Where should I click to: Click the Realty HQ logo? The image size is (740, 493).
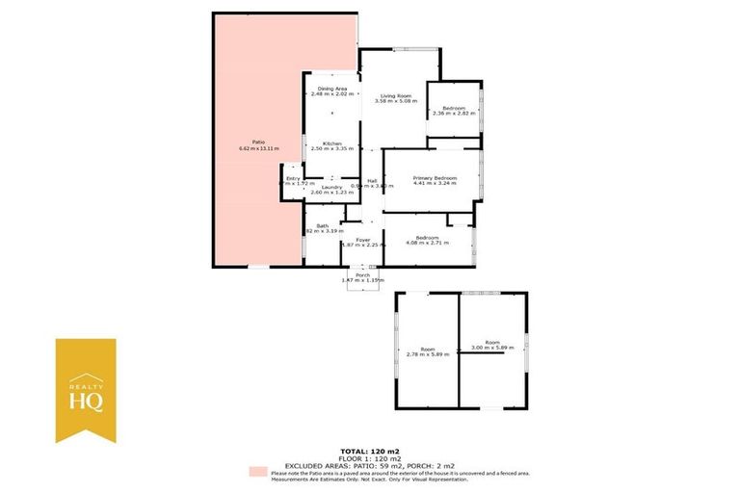85,390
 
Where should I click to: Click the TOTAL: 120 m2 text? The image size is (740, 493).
369,451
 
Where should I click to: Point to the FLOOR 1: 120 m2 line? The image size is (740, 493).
369,457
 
